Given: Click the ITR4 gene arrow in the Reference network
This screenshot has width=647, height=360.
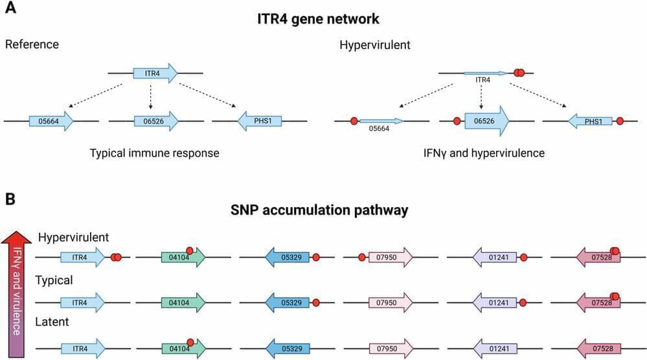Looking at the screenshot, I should coord(155,73).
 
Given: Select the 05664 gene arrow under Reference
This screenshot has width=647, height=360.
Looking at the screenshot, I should coord(51,121).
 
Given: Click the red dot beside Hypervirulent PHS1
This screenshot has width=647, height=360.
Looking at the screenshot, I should coord(620,121).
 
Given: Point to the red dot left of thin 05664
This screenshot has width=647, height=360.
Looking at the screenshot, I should coord(354,121).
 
